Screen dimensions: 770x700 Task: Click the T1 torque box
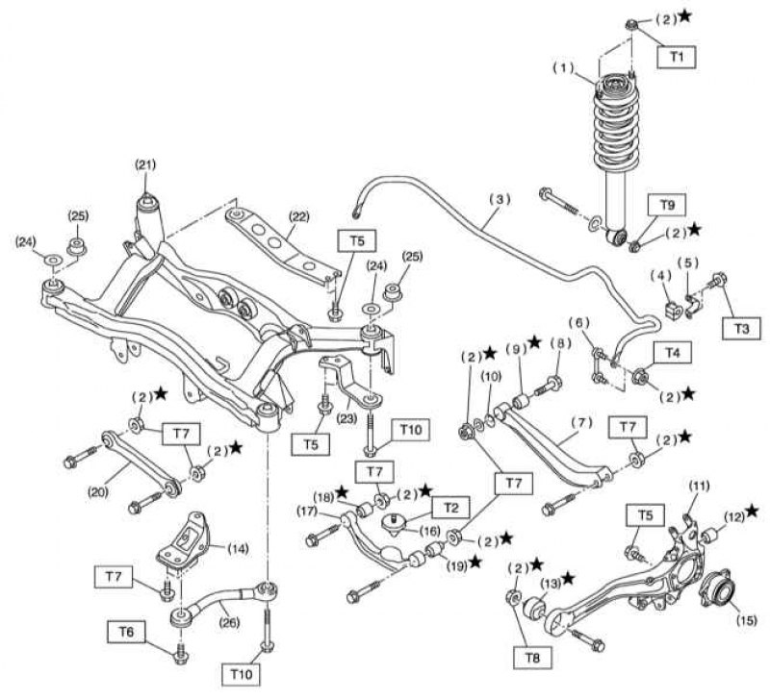coord(677,57)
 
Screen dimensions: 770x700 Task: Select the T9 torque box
coord(666,205)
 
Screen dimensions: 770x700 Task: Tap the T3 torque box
coord(741,328)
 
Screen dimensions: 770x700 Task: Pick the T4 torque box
coord(672,352)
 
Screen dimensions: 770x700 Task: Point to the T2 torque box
coord(450,509)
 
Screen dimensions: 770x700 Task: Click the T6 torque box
coord(126,632)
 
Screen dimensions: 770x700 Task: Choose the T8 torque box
coord(533,657)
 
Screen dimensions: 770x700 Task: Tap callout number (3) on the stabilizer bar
coord(500,199)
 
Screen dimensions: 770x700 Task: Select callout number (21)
coord(145,164)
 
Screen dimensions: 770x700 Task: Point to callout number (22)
coord(298,216)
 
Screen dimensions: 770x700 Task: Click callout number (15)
coord(745,620)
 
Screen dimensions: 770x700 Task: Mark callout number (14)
coord(238,548)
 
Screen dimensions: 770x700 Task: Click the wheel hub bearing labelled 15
coord(717,591)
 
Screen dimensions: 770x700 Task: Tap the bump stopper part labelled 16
coord(394,522)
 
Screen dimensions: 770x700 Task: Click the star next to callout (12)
coord(752,512)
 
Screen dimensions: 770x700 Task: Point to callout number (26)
coord(228,622)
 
